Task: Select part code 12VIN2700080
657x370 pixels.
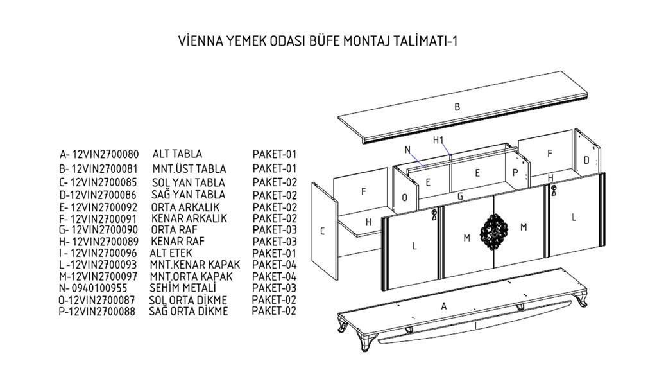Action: pyautogui.click(x=105, y=154)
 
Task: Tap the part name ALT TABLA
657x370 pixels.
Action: pyautogui.click(x=177, y=154)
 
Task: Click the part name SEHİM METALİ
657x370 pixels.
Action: pyautogui.click(x=183, y=288)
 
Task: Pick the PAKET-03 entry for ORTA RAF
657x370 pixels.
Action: pyautogui.click(x=275, y=230)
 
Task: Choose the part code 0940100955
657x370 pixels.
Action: pyautogui.click(x=99, y=288)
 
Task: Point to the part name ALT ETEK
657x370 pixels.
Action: pyautogui.click(x=171, y=253)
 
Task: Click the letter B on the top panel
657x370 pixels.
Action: pyautogui.click(x=457, y=107)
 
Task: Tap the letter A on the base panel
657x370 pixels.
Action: pyautogui.click(x=444, y=306)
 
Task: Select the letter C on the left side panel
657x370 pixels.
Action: pyautogui.click(x=322, y=231)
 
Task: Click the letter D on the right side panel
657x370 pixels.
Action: pyautogui.click(x=586, y=160)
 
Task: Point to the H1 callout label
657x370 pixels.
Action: pyautogui.click(x=438, y=140)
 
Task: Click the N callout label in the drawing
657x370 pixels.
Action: pyautogui.click(x=407, y=149)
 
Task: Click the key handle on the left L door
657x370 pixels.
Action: pyautogui.click(x=434, y=215)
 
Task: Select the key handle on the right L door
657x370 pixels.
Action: pyautogui.click(x=554, y=190)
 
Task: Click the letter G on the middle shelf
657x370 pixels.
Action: pyautogui.click(x=461, y=196)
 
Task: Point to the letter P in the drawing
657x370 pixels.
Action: pyautogui.click(x=515, y=173)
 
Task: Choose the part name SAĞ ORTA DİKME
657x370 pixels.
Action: pyautogui.click(x=189, y=312)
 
